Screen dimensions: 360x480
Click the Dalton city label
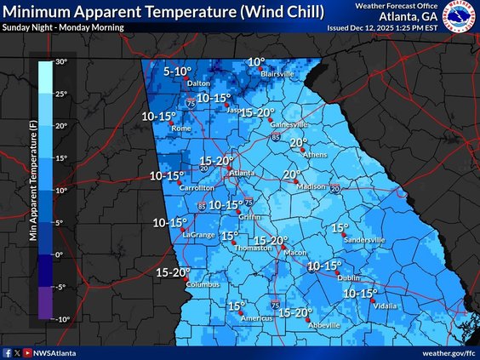(198, 83)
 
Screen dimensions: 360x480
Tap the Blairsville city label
(277, 74)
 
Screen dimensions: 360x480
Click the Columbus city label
(203, 284)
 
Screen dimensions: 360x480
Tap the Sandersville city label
(364, 240)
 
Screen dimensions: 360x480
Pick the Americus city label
(256, 318)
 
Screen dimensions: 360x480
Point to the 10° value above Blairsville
(256, 62)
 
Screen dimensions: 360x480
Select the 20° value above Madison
(292, 174)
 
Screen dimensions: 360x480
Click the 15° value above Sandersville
(340, 228)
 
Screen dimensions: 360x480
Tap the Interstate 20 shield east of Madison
(334, 188)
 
